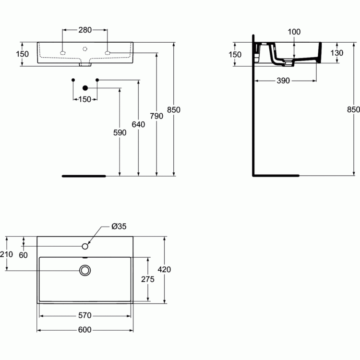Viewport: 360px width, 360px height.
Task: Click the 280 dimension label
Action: pos(85,30)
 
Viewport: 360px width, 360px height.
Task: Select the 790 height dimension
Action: pos(156,116)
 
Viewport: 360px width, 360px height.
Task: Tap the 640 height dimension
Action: pos(138,124)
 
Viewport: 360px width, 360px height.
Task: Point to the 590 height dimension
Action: pos(120,132)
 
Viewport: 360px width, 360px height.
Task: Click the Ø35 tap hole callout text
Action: pos(119,227)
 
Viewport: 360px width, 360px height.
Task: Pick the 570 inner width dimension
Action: pos(84,315)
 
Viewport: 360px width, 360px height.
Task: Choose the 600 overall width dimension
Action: pos(84,330)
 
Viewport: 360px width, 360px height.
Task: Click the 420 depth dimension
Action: pos(164,269)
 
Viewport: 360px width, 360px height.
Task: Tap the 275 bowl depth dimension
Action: pos(148,279)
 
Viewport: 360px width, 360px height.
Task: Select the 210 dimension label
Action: pos(6,254)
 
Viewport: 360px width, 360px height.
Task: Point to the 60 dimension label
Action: pos(23,255)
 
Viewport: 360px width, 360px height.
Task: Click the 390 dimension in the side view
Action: pos(283,81)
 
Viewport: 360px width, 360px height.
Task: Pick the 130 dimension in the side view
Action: pos(337,53)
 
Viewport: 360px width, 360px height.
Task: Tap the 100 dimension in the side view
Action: pos(294,32)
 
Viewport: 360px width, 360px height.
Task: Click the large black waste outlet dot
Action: pos(85,88)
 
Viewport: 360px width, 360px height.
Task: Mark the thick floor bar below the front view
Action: pos(84,176)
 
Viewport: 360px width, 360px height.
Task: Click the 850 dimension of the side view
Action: pos(353,109)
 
